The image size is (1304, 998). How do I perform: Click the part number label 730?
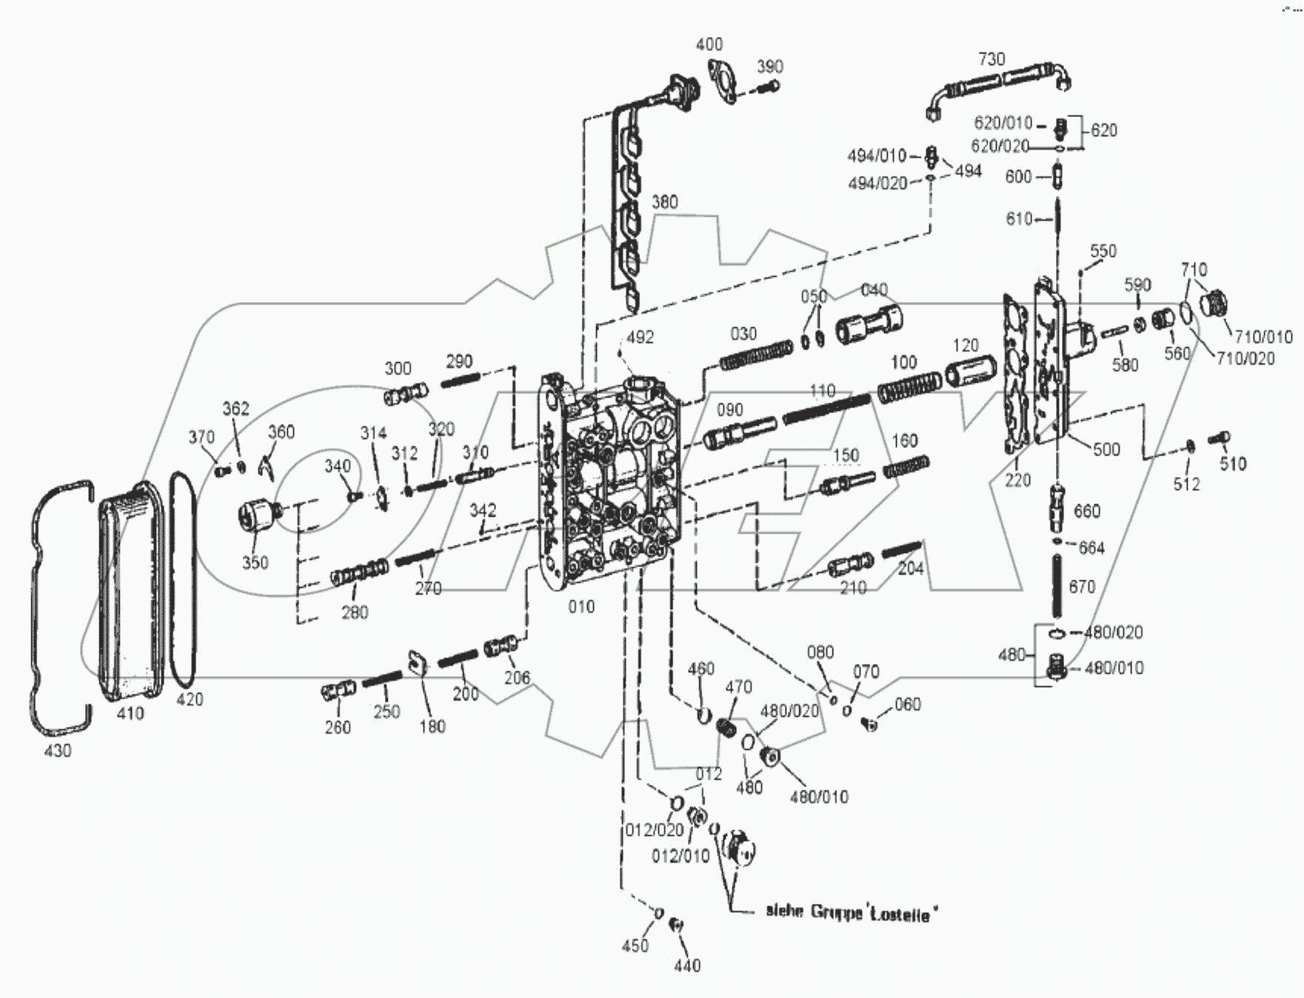click(992, 58)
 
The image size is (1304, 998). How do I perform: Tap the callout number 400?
click(709, 44)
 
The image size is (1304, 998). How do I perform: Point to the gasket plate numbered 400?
click(721, 82)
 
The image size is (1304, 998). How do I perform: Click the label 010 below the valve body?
click(581, 607)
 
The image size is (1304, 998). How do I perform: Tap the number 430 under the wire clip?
click(58, 751)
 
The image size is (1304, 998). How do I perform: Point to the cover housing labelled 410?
click(131, 592)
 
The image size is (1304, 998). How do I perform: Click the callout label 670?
click(1081, 587)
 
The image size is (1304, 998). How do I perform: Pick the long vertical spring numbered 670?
click(1059, 585)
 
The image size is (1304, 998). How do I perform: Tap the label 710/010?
click(1263, 337)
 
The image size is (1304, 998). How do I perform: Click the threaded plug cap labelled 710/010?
click(1213, 304)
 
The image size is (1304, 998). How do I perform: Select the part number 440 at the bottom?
click(687, 965)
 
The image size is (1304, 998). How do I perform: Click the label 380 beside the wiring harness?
click(664, 202)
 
